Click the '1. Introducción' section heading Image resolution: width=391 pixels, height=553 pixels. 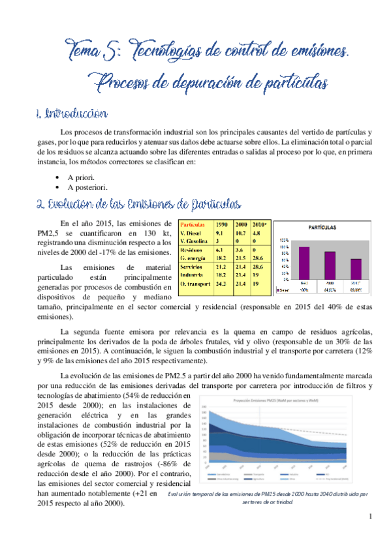(x=72, y=114)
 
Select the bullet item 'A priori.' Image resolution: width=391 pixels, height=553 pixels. (x=80, y=177)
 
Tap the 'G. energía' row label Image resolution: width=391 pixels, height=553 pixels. (x=194, y=258)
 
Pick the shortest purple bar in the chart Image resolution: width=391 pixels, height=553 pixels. (x=356, y=267)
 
